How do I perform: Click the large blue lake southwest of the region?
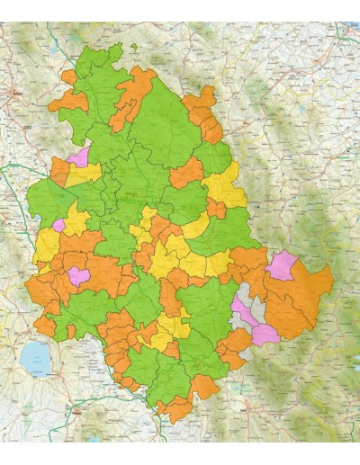[36, 358]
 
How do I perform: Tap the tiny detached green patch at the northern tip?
[133, 47]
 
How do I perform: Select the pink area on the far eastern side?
[283, 265]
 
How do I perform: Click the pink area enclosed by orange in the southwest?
[78, 274]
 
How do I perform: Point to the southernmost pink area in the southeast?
[264, 335]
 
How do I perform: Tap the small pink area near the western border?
[59, 224]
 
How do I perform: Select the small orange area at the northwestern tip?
[68, 78]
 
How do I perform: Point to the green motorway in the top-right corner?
[347, 32]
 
